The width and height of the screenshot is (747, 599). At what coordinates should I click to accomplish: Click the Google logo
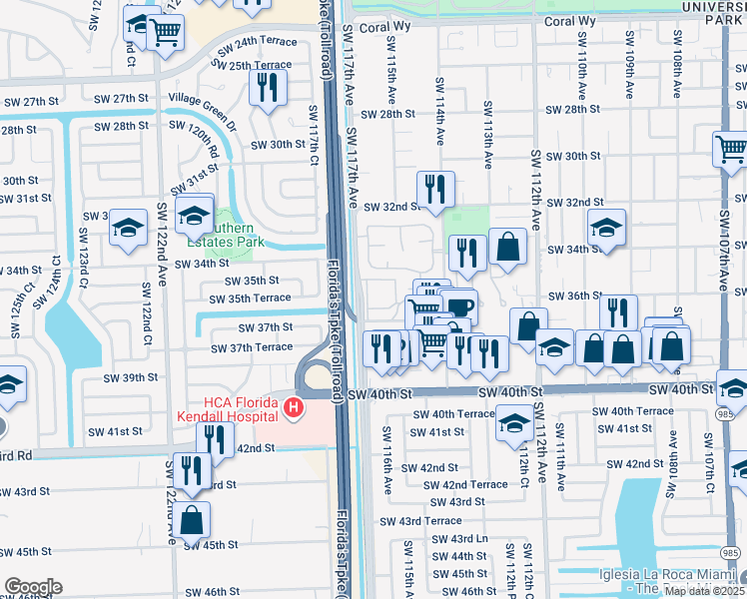coord(32,587)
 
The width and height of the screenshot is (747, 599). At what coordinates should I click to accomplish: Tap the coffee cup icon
coord(459,306)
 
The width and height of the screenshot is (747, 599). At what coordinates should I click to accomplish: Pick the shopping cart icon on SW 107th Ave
coord(731,150)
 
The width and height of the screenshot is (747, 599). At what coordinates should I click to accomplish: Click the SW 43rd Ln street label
coord(458,539)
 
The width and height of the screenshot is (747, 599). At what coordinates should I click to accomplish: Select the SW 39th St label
coord(133,377)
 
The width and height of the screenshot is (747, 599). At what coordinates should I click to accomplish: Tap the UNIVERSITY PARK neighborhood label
coord(710,13)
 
